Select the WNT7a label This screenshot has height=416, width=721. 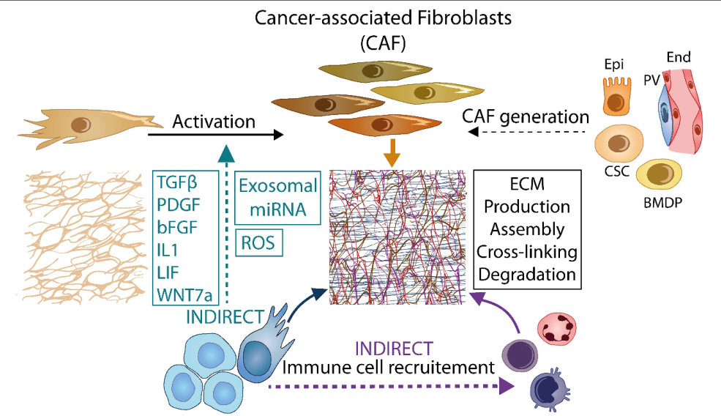[x=184, y=295]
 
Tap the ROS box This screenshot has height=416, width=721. [x=260, y=243]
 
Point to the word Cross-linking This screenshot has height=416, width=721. [x=527, y=252]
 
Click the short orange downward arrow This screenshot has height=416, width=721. [x=393, y=152]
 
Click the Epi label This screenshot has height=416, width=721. [x=614, y=64]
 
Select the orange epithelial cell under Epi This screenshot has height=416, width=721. [x=614, y=96]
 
